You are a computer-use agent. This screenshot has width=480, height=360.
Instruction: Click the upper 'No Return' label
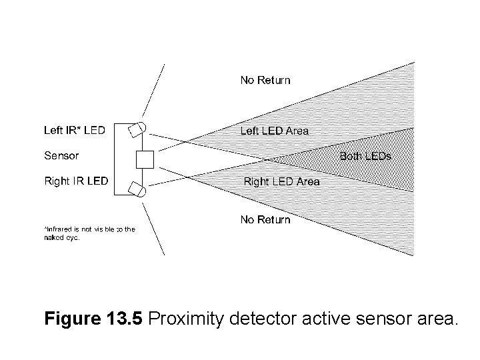[265, 80]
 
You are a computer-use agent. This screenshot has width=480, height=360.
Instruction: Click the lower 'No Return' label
[265, 219]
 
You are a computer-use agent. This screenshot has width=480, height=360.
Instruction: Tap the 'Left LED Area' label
[274, 131]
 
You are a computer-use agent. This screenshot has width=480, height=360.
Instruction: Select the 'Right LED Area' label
[281, 181]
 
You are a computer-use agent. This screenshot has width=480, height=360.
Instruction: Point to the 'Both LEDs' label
[365, 157]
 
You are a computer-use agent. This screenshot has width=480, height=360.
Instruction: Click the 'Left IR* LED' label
[74, 130]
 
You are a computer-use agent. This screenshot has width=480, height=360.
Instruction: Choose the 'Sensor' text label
[61, 155]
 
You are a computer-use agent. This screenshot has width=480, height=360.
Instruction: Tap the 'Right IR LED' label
[76, 181]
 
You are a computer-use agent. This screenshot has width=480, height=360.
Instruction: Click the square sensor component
[145, 159]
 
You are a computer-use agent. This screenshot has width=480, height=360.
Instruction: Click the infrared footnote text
[89, 233]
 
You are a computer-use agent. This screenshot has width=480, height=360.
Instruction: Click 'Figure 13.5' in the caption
[94, 319]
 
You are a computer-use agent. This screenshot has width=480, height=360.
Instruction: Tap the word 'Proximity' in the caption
[187, 319]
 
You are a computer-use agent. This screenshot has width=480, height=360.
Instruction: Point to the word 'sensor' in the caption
[383, 319]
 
